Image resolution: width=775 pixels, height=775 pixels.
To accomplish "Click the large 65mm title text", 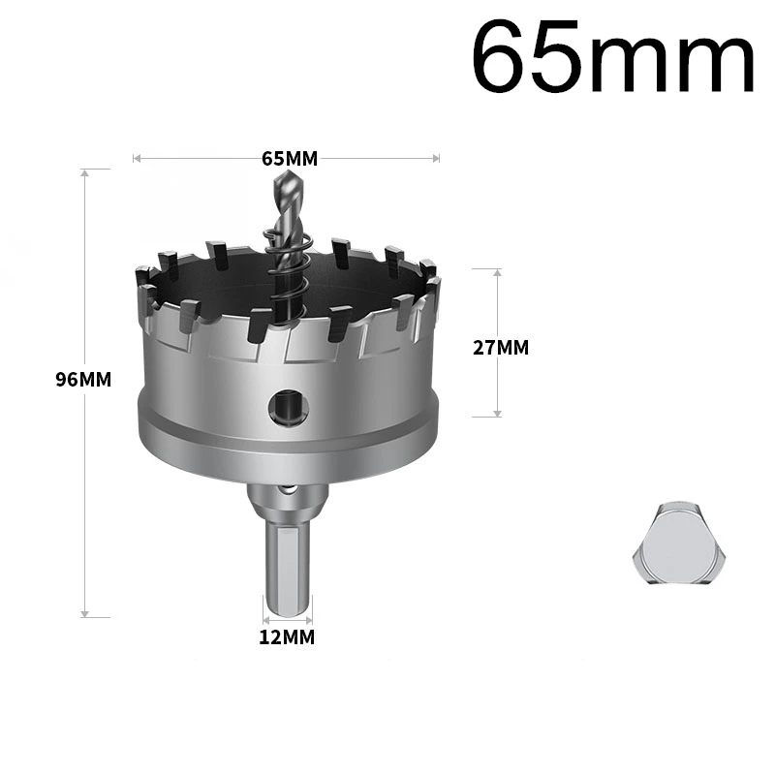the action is [x=613, y=56].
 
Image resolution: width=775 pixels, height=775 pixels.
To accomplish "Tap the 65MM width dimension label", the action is [x=290, y=159].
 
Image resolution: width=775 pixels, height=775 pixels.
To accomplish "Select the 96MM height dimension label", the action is [x=83, y=380].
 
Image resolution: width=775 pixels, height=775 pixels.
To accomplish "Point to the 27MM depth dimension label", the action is [x=501, y=348].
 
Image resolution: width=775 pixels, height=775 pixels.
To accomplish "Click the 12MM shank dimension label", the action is [x=287, y=637].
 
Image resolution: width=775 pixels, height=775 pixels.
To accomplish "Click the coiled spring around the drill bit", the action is [x=289, y=277].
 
